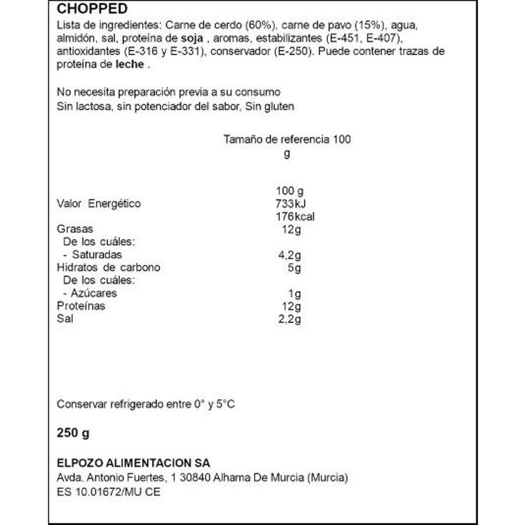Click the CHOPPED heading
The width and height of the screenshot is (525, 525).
pos(92,9)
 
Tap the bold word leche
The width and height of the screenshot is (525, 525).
pos(129,64)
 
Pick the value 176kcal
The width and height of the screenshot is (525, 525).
pos(294,217)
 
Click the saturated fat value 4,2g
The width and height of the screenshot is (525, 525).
pos(289,255)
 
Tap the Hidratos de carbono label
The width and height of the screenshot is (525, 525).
pos(108,268)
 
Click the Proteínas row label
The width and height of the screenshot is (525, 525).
pos(81,306)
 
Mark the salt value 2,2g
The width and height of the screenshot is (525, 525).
pos(289,319)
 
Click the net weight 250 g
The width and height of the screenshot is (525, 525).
pos(73,433)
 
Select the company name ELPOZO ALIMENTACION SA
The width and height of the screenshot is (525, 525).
pos(133,464)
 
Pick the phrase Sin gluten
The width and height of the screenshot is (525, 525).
pos(270,106)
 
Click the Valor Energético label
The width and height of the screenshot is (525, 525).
pos(99,204)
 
